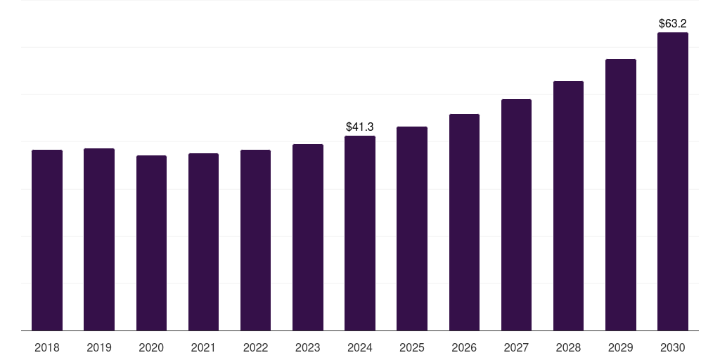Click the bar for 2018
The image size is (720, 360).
point(47,240)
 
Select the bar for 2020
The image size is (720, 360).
point(151,243)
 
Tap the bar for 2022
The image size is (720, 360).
point(255,240)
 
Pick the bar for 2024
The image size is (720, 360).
point(360,233)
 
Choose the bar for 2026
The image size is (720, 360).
point(464,222)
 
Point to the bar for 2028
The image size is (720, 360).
point(568,206)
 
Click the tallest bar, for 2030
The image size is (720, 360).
point(673,181)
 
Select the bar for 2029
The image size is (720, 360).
point(621,195)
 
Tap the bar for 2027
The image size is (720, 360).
point(516,215)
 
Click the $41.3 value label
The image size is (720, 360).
point(360,127)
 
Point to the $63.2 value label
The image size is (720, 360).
point(673,23)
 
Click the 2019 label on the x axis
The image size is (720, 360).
point(99,347)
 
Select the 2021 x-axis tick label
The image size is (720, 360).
point(203,347)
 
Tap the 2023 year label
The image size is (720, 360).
point(308,347)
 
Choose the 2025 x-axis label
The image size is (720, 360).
point(412,347)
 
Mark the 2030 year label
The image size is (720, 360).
point(673,347)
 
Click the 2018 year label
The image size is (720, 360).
point(47,347)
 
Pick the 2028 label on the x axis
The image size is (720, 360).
point(568,347)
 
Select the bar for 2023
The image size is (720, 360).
point(308,238)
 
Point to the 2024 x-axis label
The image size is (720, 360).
point(360,347)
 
